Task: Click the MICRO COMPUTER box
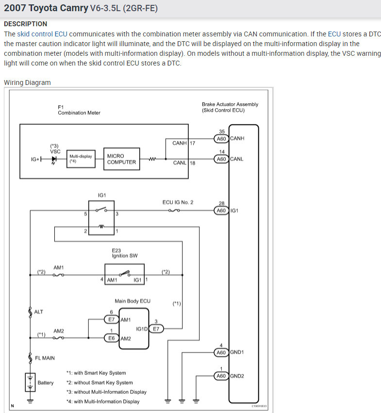(121, 159)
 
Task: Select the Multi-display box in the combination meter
(81, 159)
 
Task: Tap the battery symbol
(30, 382)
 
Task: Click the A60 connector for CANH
(221, 138)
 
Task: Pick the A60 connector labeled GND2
(221, 376)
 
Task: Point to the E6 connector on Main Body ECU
(111, 338)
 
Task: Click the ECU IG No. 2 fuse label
(178, 202)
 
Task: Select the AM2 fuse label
(59, 330)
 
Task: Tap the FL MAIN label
(45, 358)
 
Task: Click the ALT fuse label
(38, 312)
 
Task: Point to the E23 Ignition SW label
(120, 253)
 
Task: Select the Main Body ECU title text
(132, 301)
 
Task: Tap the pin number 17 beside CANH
(192, 143)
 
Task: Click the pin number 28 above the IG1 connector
(221, 203)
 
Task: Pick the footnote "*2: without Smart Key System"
(99, 382)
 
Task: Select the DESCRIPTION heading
(25, 24)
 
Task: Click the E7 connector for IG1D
(156, 329)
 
